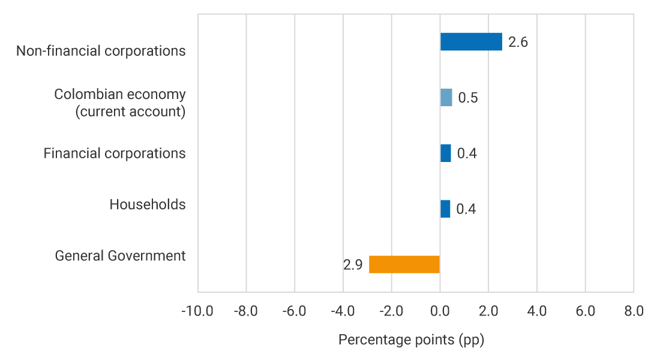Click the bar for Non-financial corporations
click(471, 42)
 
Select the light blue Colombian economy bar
click(446, 97)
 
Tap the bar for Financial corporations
click(445, 153)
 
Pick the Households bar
click(445, 209)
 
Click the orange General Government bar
click(404, 265)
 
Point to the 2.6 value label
click(518, 43)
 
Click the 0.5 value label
click(468, 98)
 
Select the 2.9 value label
click(353, 265)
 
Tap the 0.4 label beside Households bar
click(466, 209)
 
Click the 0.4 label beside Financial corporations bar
click(467, 154)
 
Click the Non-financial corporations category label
click(101, 51)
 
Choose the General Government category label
click(120, 256)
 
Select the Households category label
click(148, 205)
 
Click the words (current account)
click(130, 112)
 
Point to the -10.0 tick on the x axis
click(197, 311)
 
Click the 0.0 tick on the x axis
click(440, 311)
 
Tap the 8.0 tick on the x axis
click(634, 311)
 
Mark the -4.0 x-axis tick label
click(343, 311)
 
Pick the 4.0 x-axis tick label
click(536, 311)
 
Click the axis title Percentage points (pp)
click(411, 340)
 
